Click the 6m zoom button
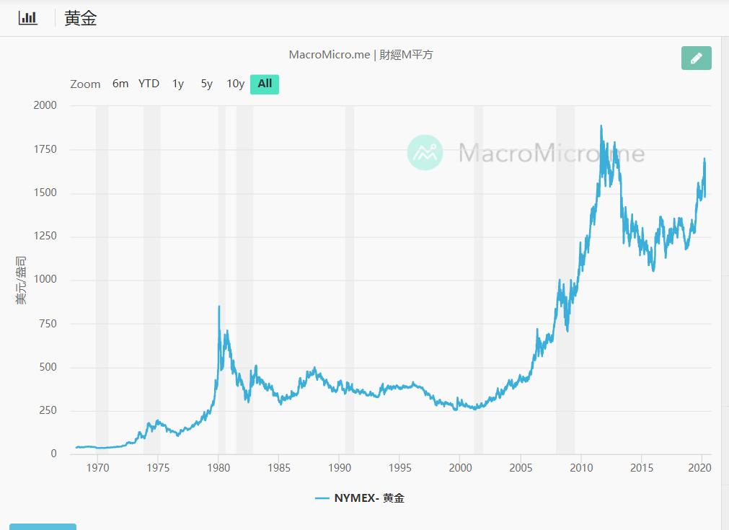coord(120,84)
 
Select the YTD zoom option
coord(149,84)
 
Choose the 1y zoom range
coord(178,84)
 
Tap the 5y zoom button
coord(207,84)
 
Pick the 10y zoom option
coord(236,84)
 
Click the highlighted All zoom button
coord(265,84)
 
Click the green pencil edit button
coord(696,58)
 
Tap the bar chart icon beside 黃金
coord(28,18)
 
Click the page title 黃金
coord(81,19)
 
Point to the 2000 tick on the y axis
coord(45,105)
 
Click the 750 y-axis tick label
coord(48,324)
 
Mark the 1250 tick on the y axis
coord(45,237)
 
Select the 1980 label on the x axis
coord(218,468)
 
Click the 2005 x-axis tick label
coord(521,468)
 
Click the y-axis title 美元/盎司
coord(22,280)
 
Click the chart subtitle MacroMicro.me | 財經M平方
coord(361,55)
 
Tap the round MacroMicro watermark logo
coord(425,152)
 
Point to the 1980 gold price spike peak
coord(218,306)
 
